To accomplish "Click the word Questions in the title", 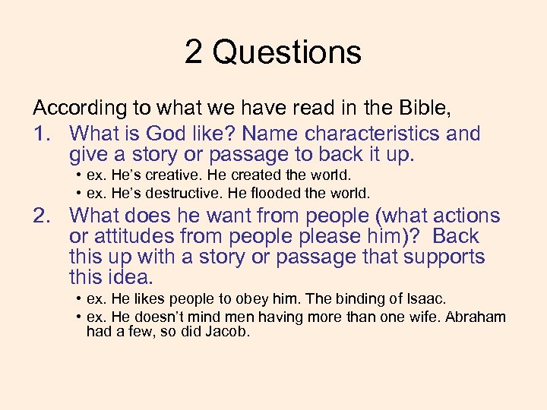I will [x=287, y=53].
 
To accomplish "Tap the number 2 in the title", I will [x=193, y=53].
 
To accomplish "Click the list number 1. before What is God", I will [x=43, y=134].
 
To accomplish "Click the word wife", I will [x=413, y=317].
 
